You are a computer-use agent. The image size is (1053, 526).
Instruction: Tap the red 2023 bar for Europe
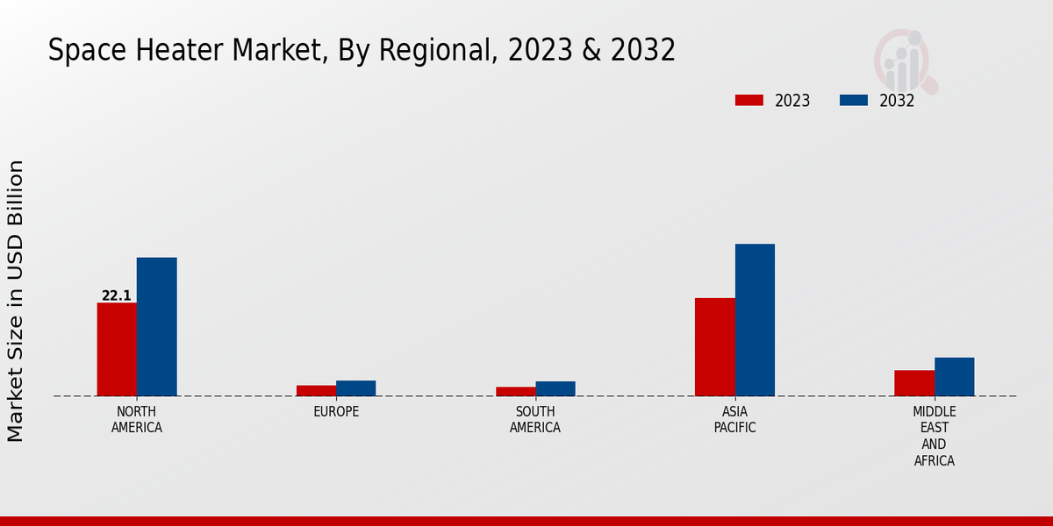click(316, 390)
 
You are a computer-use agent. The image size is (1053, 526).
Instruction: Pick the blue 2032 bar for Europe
click(355, 387)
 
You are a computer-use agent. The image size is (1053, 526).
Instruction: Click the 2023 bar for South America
click(515, 391)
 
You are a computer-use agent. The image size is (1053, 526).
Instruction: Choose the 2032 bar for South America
click(555, 388)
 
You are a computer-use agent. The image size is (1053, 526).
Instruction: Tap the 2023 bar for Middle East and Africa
click(914, 382)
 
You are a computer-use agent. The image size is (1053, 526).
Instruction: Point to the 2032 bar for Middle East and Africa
click(954, 376)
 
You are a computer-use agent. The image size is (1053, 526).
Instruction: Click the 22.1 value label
click(117, 296)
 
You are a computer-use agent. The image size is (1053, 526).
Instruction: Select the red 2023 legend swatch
click(749, 100)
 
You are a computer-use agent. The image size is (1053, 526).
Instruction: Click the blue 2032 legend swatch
click(854, 100)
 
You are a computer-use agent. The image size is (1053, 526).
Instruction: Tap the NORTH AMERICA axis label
click(137, 420)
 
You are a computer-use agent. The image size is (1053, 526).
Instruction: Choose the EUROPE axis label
click(336, 412)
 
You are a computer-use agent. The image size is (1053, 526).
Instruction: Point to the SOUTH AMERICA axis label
click(535, 420)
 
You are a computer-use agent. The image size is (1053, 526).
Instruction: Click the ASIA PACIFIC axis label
click(735, 420)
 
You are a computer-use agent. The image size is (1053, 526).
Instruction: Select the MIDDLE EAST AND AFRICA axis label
click(935, 436)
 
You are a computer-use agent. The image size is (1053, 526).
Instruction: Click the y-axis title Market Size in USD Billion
click(16, 301)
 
